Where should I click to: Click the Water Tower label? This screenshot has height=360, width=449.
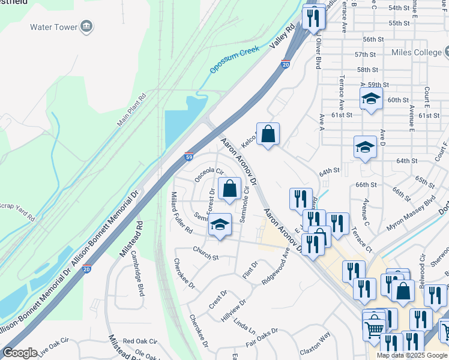[x=54, y=27]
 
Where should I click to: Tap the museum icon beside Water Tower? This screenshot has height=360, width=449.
[x=87, y=26]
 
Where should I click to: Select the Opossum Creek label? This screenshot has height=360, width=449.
[x=235, y=59]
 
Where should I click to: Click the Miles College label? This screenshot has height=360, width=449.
[x=416, y=53]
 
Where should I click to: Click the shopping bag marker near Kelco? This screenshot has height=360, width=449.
[x=268, y=135]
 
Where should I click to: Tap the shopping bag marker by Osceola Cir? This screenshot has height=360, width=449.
[x=229, y=189]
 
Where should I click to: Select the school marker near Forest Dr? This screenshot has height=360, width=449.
[x=220, y=226]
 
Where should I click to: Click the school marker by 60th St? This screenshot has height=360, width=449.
[x=371, y=99]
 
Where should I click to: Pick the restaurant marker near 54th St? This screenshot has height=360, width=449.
[x=313, y=19]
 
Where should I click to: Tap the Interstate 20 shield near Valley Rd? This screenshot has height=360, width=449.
[x=286, y=64]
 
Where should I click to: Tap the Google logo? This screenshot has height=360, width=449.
[x=20, y=353]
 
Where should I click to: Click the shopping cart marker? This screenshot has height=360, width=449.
[x=374, y=329]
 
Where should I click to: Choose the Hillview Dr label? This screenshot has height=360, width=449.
[x=234, y=311]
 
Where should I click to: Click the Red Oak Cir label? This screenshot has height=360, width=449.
[x=140, y=341]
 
